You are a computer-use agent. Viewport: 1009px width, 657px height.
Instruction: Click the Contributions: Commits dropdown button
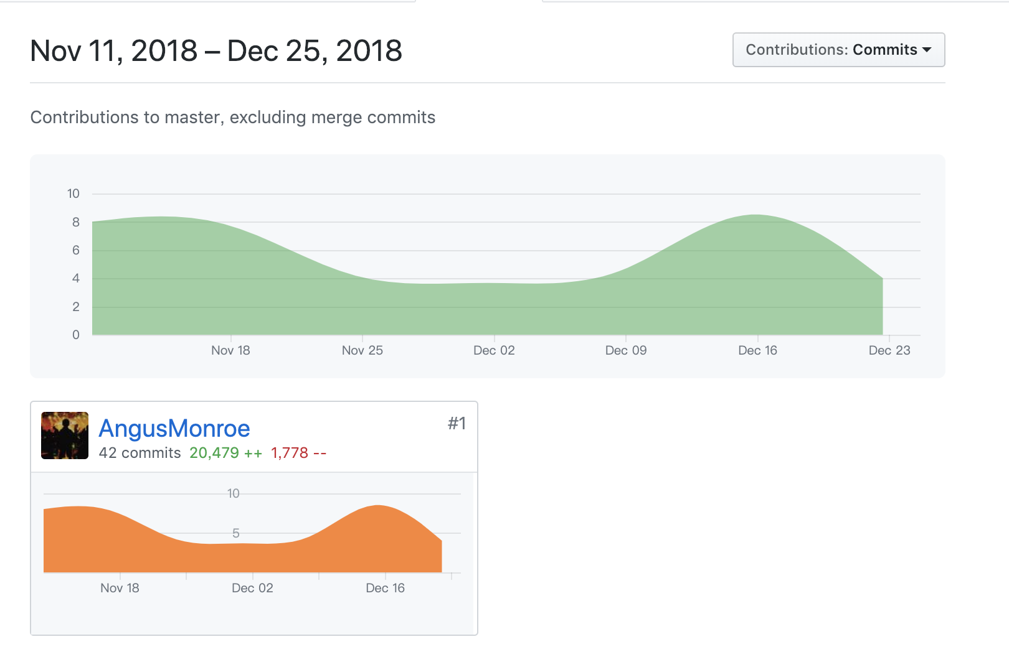click(838, 50)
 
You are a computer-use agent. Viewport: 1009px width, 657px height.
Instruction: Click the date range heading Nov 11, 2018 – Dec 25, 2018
click(216, 51)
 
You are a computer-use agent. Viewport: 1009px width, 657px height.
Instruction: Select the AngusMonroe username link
click(174, 429)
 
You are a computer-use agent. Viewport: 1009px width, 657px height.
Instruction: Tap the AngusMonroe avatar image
click(65, 436)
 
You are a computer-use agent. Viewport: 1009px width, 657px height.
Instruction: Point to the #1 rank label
click(457, 424)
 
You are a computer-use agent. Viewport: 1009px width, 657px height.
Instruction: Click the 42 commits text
click(140, 453)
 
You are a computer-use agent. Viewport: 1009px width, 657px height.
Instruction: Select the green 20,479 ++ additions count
click(225, 453)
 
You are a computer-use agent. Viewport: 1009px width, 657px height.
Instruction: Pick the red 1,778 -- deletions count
click(298, 453)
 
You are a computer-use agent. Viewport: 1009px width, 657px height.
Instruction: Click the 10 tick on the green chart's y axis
click(73, 193)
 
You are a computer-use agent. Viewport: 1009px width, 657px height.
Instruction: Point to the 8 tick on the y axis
click(76, 222)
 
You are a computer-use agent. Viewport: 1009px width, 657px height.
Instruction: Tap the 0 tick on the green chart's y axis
click(76, 335)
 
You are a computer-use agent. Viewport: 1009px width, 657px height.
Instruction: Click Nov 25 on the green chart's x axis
click(362, 350)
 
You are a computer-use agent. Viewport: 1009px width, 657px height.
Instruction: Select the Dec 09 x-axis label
click(626, 350)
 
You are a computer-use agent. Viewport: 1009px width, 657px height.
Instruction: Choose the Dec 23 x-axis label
click(889, 350)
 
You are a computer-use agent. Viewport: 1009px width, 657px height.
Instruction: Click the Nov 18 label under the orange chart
click(120, 588)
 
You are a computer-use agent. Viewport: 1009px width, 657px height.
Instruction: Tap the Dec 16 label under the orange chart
click(385, 588)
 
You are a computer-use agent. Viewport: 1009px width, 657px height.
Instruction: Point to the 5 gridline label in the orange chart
click(236, 533)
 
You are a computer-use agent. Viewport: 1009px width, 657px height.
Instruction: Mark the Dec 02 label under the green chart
click(494, 350)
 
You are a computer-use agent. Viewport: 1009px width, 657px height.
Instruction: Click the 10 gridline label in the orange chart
click(233, 493)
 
